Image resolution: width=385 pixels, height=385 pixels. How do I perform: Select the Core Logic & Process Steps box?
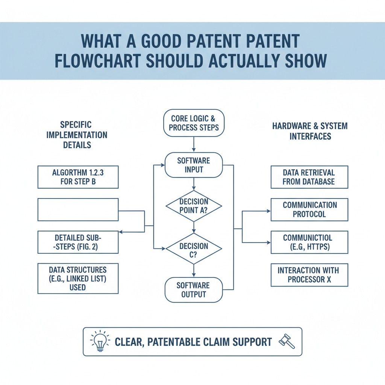click(194, 123)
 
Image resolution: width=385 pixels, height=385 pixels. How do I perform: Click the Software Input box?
click(194, 165)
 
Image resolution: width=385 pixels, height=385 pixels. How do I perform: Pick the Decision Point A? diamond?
click(194, 206)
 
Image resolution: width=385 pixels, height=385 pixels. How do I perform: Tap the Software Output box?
click(194, 290)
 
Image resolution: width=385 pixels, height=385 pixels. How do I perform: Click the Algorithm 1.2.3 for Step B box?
click(78, 177)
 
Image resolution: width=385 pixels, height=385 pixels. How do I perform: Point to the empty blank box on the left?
click(78, 209)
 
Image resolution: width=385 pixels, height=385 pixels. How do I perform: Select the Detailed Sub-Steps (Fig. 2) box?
click(78, 242)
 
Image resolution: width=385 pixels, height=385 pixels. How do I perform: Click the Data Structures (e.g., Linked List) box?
click(78, 278)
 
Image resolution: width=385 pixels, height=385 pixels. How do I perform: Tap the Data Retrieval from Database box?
click(309, 177)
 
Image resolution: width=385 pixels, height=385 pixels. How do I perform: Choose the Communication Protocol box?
click(309, 210)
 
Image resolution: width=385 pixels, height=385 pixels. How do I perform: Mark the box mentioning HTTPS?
click(309, 242)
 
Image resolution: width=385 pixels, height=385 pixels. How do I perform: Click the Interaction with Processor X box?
click(309, 275)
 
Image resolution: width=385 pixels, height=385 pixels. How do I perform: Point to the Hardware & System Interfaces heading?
click(310, 131)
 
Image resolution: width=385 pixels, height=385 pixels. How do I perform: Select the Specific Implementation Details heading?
click(77, 135)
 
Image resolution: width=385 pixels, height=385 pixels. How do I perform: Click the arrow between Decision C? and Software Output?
click(194, 270)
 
